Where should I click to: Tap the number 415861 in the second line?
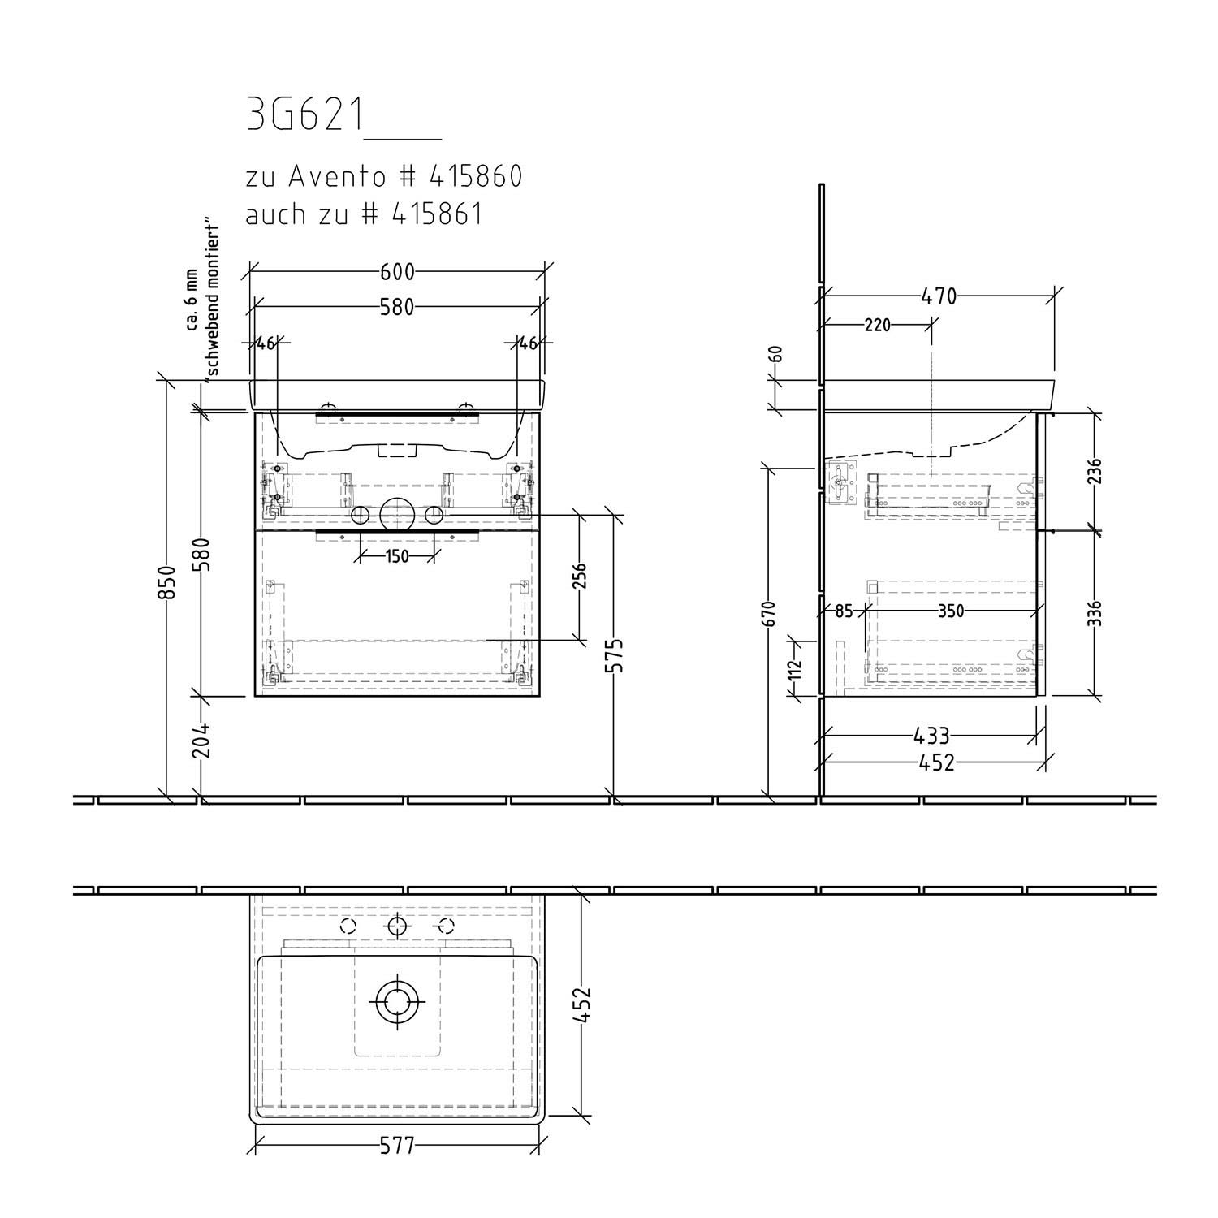(x=437, y=214)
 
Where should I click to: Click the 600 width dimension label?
(x=397, y=271)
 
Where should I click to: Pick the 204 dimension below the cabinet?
(x=201, y=740)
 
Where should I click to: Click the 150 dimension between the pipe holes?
(x=397, y=556)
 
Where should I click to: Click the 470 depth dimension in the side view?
(x=939, y=296)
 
